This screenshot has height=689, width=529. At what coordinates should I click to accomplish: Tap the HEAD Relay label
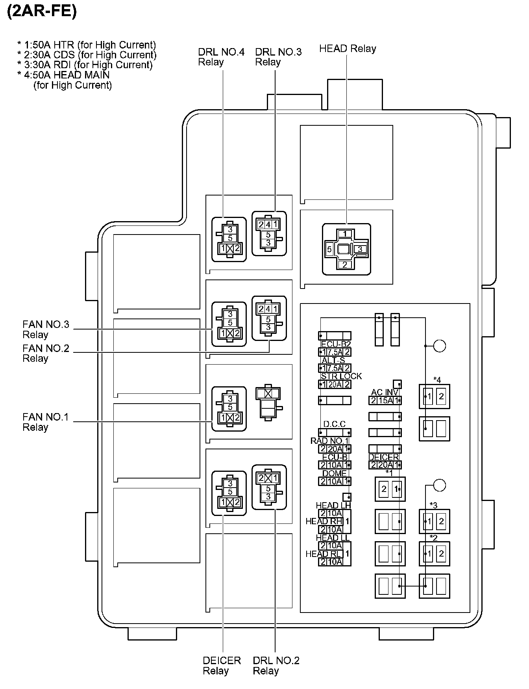click(x=348, y=49)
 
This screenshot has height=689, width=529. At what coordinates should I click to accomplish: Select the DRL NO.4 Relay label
click(x=221, y=57)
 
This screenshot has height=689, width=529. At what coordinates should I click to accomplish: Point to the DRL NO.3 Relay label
click(x=278, y=57)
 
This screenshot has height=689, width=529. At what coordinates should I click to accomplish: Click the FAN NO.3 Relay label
click(x=46, y=330)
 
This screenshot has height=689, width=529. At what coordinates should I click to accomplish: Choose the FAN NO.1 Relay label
click(x=46, y=422)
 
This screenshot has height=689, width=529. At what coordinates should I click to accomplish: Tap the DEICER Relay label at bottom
click(x=222, y=666)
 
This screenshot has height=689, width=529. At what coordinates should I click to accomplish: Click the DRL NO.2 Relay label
click(x=276, y=666)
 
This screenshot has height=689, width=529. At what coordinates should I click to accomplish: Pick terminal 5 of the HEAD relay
click(x=329, y=249)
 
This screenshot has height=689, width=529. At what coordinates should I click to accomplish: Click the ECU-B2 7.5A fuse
click(x=335, y=352)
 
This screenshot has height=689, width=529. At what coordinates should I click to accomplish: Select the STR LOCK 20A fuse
click(x=335, y=384)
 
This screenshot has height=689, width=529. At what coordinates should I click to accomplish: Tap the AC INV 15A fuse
click(x=385, y=400)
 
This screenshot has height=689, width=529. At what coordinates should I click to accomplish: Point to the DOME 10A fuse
click(x=335, y=481)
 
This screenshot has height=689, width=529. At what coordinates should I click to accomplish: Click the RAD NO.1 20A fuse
click(x=335, y=449)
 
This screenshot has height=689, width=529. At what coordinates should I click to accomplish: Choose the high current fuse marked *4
click(x=435, y=397)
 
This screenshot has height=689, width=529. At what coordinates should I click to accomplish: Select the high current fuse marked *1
click(x=390, y=489)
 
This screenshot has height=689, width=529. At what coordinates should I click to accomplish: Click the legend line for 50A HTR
click(x=87, y=45)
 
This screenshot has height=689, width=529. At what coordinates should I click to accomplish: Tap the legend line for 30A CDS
click(x=87, y=55)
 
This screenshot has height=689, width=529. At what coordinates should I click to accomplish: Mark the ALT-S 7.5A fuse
click(x=335, y=368)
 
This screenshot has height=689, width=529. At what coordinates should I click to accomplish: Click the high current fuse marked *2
click(x=435, y=554)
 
